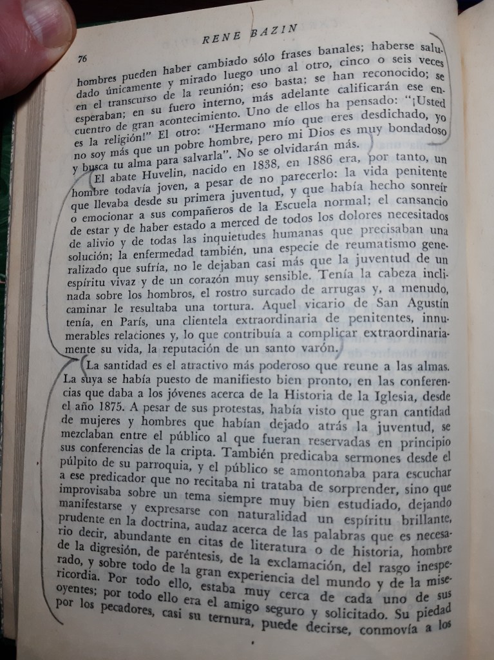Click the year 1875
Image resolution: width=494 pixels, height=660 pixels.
[107, 409]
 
